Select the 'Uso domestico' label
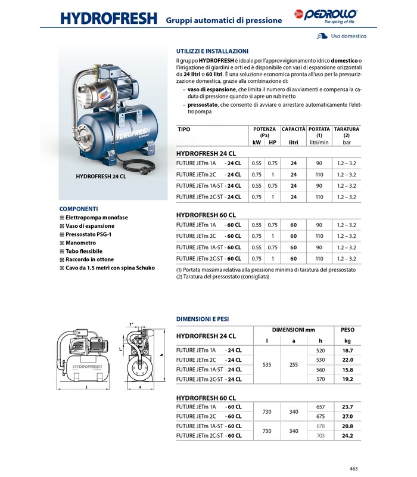point(348,36)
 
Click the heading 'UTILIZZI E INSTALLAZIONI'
point(212,51)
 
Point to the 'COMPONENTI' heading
point(79,209)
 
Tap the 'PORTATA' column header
point(319,129)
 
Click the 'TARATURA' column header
point(346,129)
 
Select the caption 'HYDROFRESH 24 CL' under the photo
point(101,177)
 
